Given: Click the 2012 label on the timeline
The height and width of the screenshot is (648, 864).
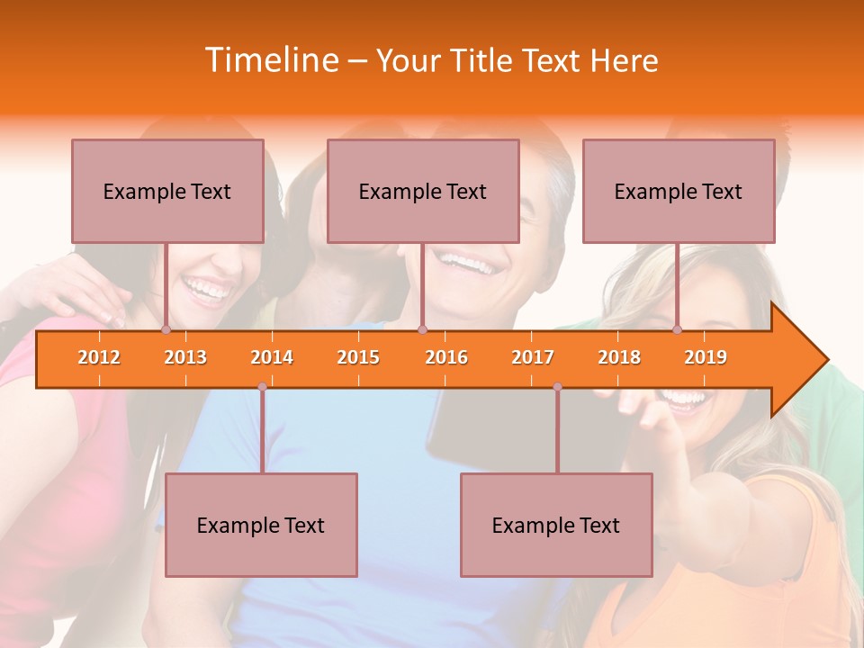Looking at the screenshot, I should pos(99,357).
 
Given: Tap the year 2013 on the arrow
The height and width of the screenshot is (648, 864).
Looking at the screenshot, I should pos(185,357).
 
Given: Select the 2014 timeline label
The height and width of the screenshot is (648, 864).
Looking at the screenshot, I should pos(272,357).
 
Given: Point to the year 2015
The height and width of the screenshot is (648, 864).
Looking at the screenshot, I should pos(358,357).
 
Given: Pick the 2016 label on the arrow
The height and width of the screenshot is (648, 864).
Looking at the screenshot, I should pos(446,357).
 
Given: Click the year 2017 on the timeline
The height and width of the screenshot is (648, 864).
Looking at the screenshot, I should pos(533,357).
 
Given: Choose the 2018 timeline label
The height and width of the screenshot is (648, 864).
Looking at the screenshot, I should pos(619,357).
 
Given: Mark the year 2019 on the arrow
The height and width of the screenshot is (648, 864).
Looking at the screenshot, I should pos(706,357).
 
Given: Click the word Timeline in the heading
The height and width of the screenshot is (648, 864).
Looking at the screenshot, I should pos(271,60).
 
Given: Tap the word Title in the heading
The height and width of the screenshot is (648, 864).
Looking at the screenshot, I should pos(482,61).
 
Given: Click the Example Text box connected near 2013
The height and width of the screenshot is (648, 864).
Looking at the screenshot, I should pos(167,191).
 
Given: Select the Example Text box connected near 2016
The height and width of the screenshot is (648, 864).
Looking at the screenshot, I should pos(423,191).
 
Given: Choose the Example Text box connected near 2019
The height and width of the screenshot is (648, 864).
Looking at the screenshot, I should pos(679,191).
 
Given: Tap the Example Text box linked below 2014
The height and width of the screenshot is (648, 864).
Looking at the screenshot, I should pos(261,525).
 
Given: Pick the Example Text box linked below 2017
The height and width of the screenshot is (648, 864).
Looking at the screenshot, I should pos(556,525).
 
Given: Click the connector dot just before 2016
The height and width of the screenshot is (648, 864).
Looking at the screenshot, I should pos(422,330).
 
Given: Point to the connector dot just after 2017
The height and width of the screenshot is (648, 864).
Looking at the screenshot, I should pos(557,387).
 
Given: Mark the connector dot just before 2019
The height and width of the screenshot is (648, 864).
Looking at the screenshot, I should pos(678,330).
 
